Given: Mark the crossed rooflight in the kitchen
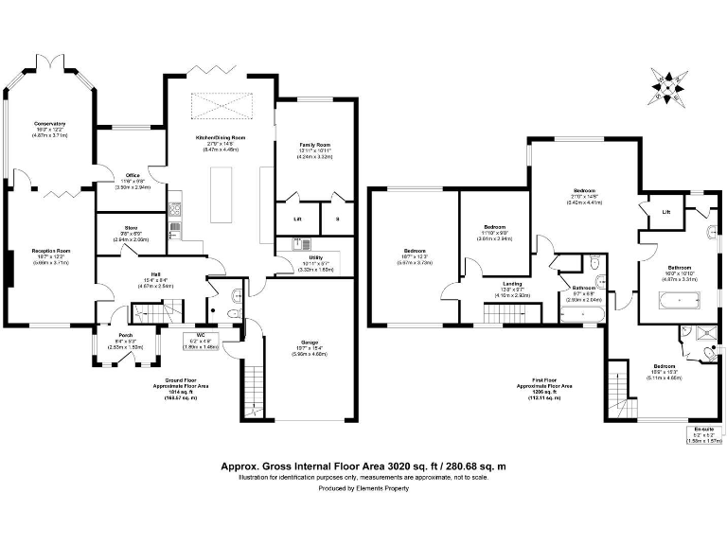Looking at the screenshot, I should tap(220, 106).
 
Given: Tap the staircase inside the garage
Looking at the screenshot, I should tap(255, 383).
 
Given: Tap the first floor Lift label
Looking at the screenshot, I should tap(666, 212).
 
